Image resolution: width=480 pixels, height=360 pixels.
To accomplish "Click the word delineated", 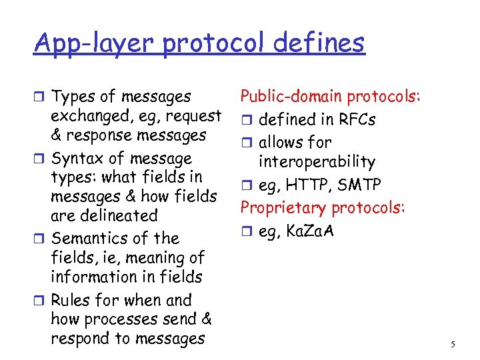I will (x=116, y=215).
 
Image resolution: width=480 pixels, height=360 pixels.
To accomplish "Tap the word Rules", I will (x=71, y=300).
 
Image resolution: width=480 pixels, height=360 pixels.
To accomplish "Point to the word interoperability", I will (x=317, y=161).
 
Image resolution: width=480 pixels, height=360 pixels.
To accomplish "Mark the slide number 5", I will (x=453, y=345).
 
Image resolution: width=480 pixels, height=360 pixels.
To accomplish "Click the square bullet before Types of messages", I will (x=40, y=97).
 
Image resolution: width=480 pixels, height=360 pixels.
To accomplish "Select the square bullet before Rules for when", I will (x=40, y=301).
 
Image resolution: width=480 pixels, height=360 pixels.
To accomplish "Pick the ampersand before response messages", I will (x=57, y=135).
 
